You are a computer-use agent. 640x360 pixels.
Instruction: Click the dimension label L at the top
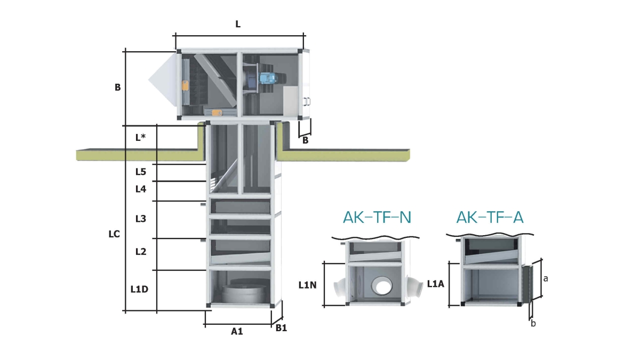238,25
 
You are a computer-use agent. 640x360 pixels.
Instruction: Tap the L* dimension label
141,137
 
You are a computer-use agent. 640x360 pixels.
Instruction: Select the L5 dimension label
140,172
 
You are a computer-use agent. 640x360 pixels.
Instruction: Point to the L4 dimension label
140,189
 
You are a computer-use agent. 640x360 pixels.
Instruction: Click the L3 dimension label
140,219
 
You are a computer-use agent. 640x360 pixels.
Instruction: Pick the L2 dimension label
140,252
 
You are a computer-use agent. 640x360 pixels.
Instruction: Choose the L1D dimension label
139,289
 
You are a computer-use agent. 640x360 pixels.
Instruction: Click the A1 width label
237,331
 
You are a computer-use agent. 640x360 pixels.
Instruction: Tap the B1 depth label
281,329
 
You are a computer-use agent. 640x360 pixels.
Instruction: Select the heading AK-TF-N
377,218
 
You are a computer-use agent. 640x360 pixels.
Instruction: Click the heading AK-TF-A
490,218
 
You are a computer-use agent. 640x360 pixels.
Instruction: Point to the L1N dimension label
308,285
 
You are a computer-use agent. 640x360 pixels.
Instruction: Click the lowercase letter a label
546,278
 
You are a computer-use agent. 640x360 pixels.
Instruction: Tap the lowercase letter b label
533,323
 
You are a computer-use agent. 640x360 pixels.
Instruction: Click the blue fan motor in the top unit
266,78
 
